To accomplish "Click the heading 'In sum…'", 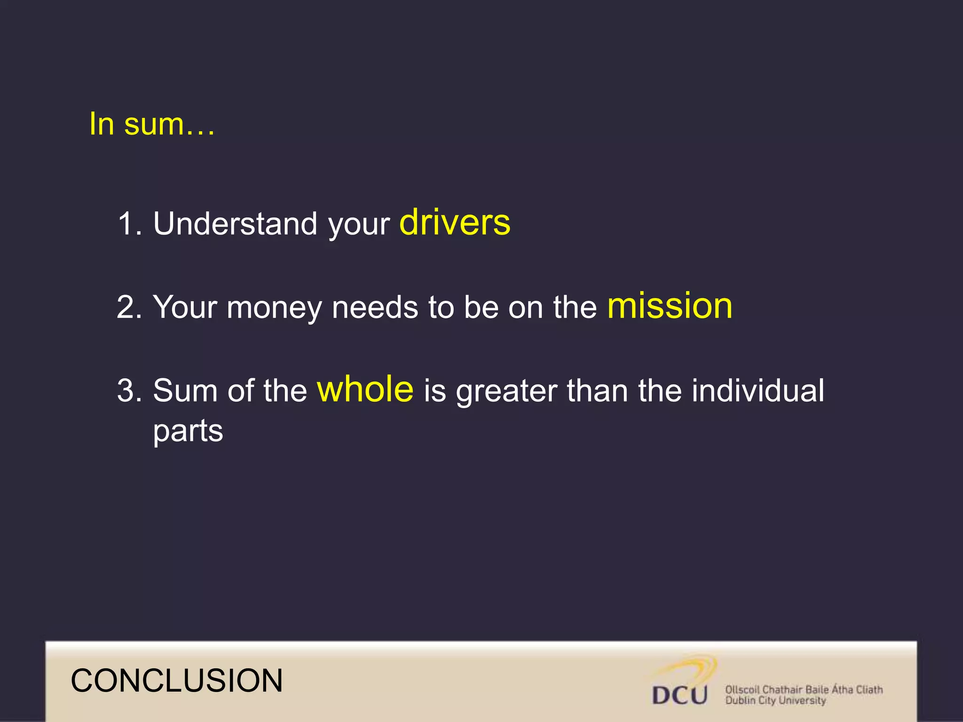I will click(x=152, y=124).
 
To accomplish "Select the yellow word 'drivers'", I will click(x=455, y=222).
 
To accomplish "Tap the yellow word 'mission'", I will click(x=670, y=306).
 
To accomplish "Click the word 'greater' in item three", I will click(x=506, y=392).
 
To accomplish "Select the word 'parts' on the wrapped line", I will click(x=188, y=432).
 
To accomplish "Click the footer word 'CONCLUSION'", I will click(x=177, y=681).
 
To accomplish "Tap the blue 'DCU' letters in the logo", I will click(x=679, y=695).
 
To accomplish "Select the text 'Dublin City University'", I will click(x=775, y=701).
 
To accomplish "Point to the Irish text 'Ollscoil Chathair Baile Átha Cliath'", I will click(x=804, y=690).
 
